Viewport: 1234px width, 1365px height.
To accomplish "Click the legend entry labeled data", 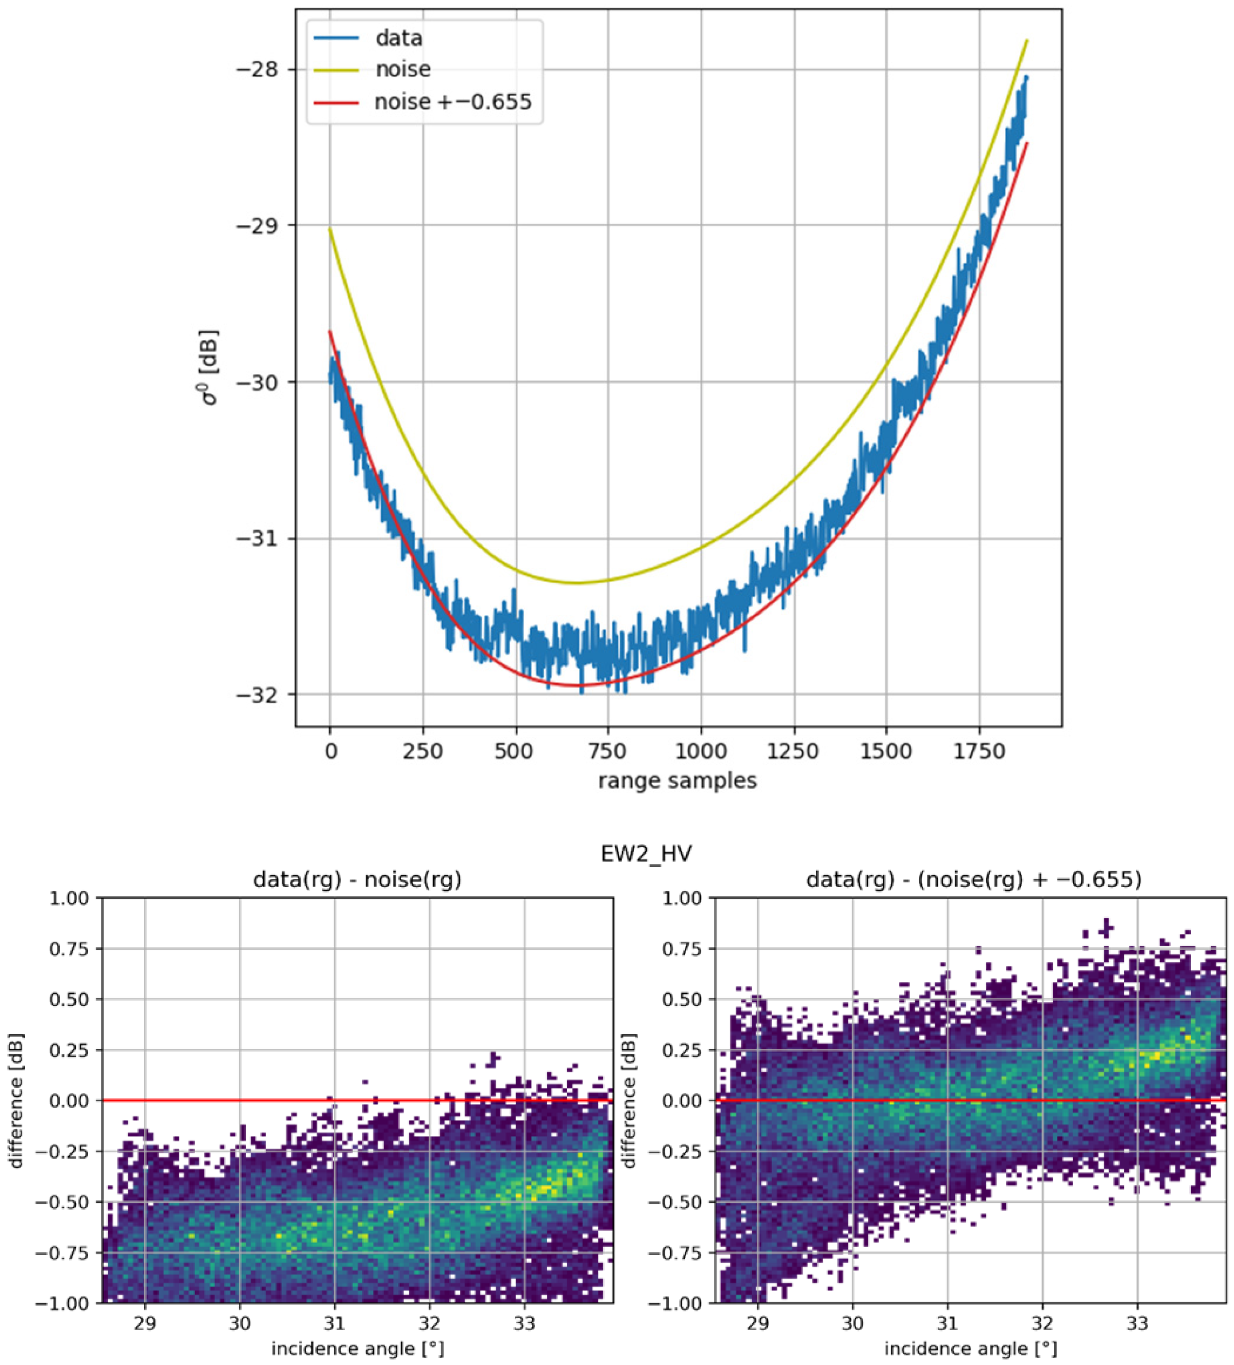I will [x=398, y=38].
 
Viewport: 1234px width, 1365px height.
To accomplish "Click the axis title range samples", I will [x=677, y=781].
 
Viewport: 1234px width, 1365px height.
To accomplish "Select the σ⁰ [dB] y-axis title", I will [x=211, y=367].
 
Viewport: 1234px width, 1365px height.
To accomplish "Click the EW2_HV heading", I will [x=646, y=855].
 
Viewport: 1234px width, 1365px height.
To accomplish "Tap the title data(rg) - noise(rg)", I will [x=357, y=880].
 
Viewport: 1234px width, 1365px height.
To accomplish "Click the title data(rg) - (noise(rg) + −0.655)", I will [x=973, y=880].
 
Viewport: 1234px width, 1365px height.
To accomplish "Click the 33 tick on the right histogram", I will [x=1137, y=1323].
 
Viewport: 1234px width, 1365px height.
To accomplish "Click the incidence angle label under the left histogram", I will [x=357, y=1349].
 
